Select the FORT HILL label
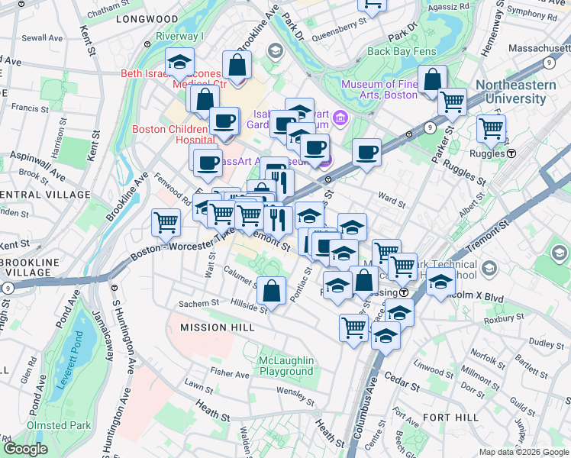coord(450,418)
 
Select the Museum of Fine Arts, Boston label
coord(379,89)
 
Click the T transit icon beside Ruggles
coord(511,153)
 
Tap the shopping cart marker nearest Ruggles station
coord(491,127)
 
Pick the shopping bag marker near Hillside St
coord(271,290)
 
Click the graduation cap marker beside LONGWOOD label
coord(179,61)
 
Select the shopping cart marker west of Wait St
coord(166,222)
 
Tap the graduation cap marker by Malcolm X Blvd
coord(440,281)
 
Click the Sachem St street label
coord(198,304)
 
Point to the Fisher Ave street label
coord(230,374)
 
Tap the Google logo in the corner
coord(27,449)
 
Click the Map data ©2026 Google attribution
coord(523,452)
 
